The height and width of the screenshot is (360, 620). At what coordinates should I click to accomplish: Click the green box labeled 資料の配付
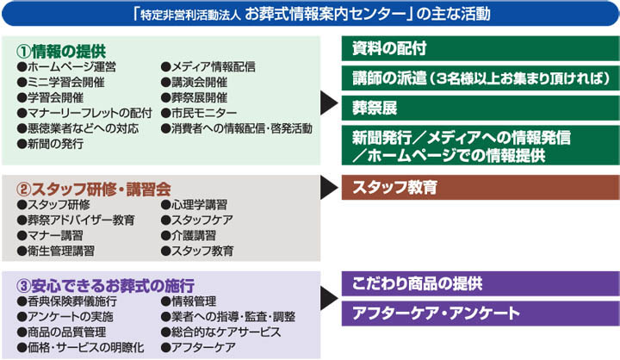(480, 48)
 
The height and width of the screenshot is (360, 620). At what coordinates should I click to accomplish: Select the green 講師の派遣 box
(480, 78)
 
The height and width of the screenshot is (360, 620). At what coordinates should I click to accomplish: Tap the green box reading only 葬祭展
(480, 108)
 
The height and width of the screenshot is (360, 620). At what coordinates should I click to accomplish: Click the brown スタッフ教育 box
(480, 187)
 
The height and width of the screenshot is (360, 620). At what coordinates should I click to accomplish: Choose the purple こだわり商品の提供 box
(480, 283)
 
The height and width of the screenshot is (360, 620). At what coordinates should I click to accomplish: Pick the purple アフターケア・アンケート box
(480, 313)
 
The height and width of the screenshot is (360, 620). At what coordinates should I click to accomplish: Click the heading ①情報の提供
(61, 52)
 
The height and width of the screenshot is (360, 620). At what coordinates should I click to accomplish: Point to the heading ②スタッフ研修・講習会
(94, 189)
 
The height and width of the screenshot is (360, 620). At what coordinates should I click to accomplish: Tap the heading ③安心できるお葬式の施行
(106, 286)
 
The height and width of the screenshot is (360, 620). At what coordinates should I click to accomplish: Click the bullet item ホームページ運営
(66, 67)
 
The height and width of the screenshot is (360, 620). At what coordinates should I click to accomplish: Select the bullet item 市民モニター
(199, 113)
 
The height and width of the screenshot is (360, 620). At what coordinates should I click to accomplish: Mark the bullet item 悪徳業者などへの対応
(77, 128)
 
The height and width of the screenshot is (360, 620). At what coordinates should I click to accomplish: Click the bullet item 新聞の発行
(50, 144)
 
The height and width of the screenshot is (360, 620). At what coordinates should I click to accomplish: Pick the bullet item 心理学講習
(194, 205)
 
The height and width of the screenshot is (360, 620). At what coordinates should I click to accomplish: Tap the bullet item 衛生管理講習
(56, 251)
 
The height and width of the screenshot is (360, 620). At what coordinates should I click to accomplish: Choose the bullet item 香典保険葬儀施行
(67, 301)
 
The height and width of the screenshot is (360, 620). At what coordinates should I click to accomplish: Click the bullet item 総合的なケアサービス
(221, 332)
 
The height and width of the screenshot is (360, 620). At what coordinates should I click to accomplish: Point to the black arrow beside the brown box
(329, 188)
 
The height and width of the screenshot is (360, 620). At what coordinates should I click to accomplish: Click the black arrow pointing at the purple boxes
(329, 299)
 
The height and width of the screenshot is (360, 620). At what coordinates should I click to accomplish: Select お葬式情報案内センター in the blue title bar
(325, 14)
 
